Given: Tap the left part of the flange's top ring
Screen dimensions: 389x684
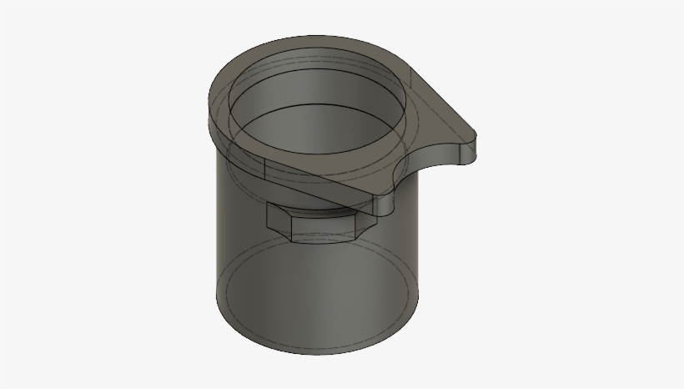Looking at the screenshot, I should tap(218, 101).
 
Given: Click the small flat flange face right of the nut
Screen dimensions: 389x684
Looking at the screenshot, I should tap(385, 205).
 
